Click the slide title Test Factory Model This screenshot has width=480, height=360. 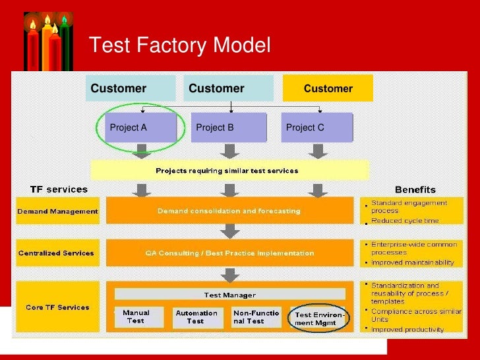(x=179, y=45)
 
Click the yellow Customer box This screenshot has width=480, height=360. (x=328, y=88)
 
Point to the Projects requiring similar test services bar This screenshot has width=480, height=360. (x=226, y=171)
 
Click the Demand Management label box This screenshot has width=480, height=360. (x=58, y=212)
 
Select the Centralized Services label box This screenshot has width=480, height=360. (x=58, y=253)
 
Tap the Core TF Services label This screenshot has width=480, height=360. (x=58, y=307)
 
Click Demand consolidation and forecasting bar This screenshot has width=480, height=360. (x=229, y=211)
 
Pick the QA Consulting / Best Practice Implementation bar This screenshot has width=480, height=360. (x=229, y=253)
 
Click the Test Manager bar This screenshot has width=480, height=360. (x=229, y=295)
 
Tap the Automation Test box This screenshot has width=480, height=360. (x=196, y=317)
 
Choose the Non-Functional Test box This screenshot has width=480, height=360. (x=256, y=317)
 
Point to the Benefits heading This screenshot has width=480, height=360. (x=415, y=189)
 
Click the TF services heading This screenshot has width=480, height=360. (x=59, y=189)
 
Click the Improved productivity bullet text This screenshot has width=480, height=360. (x=407, y=329)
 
